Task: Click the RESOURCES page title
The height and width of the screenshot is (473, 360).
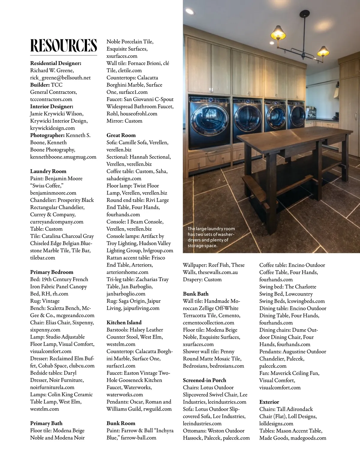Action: (64, 45)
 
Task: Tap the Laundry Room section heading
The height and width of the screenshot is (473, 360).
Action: (48, 171)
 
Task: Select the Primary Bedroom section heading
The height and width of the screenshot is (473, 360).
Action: (52, 272)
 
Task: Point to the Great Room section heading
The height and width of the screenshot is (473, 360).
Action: (121, 135)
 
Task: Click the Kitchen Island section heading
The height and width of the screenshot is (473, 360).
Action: (124, 323)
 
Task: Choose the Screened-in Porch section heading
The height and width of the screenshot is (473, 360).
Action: (204, 380)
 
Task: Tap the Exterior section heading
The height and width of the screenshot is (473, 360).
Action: (269, 402)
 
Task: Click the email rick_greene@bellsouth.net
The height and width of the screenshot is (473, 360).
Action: (60, 78)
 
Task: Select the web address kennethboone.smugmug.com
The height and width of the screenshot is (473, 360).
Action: (63, 157)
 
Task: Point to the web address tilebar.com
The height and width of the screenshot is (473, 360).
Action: (43, 258)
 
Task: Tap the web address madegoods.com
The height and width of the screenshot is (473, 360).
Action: (307, 438)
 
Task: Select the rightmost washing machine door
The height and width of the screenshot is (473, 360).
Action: (297, 116)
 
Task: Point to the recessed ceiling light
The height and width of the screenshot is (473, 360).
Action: (190, 12)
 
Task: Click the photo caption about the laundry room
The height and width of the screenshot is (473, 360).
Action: (211, 237)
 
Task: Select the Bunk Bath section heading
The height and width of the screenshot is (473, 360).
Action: (196, 294)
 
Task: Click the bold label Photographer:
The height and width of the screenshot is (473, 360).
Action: (47, 135)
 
